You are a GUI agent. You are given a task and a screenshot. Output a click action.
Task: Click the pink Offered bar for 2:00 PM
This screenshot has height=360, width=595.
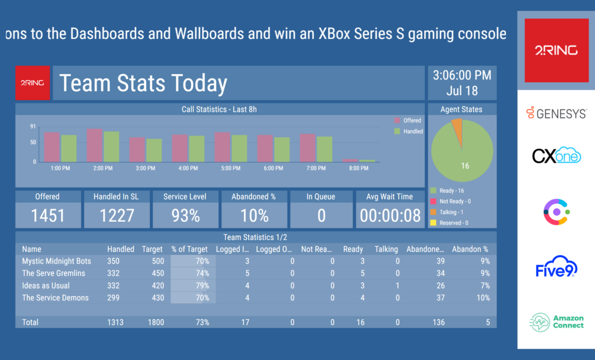[x=95, y=145]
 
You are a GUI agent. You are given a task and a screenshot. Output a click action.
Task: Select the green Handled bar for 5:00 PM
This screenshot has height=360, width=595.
[x=239, y=149]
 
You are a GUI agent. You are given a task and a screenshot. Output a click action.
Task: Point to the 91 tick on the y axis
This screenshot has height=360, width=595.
[x=33, y=127]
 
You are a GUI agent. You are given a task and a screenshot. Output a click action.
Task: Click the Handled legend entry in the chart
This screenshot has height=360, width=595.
[x=409, y=131]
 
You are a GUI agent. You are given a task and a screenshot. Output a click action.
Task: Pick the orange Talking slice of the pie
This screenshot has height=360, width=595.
[x=457, y=126]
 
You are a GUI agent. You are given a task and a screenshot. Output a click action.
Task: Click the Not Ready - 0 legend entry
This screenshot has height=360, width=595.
[x=451, y=201]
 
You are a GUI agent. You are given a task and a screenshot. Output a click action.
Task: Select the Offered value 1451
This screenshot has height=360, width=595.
[x=48, y=216]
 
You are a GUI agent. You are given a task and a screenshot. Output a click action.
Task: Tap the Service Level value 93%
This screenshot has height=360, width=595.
[x=185, y=216]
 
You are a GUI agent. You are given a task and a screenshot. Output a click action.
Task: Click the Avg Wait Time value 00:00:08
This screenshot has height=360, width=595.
[x=390, y=216]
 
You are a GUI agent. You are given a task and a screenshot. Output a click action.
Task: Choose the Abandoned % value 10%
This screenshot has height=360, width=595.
[x=254, y=216]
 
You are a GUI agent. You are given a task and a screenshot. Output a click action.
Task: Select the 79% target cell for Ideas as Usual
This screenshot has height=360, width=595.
[x=193, y=286]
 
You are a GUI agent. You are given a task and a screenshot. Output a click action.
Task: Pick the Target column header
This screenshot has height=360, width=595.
[x=152, y=249]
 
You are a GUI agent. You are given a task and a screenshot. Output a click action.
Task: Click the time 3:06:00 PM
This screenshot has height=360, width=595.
[x=462, y=75]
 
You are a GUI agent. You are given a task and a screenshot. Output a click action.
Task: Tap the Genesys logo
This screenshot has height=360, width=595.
[x=556, y=113]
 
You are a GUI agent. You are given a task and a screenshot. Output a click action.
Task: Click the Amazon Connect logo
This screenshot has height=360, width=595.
[x=556, y=322]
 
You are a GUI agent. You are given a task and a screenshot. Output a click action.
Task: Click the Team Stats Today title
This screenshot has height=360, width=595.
[x=143, y=84]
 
